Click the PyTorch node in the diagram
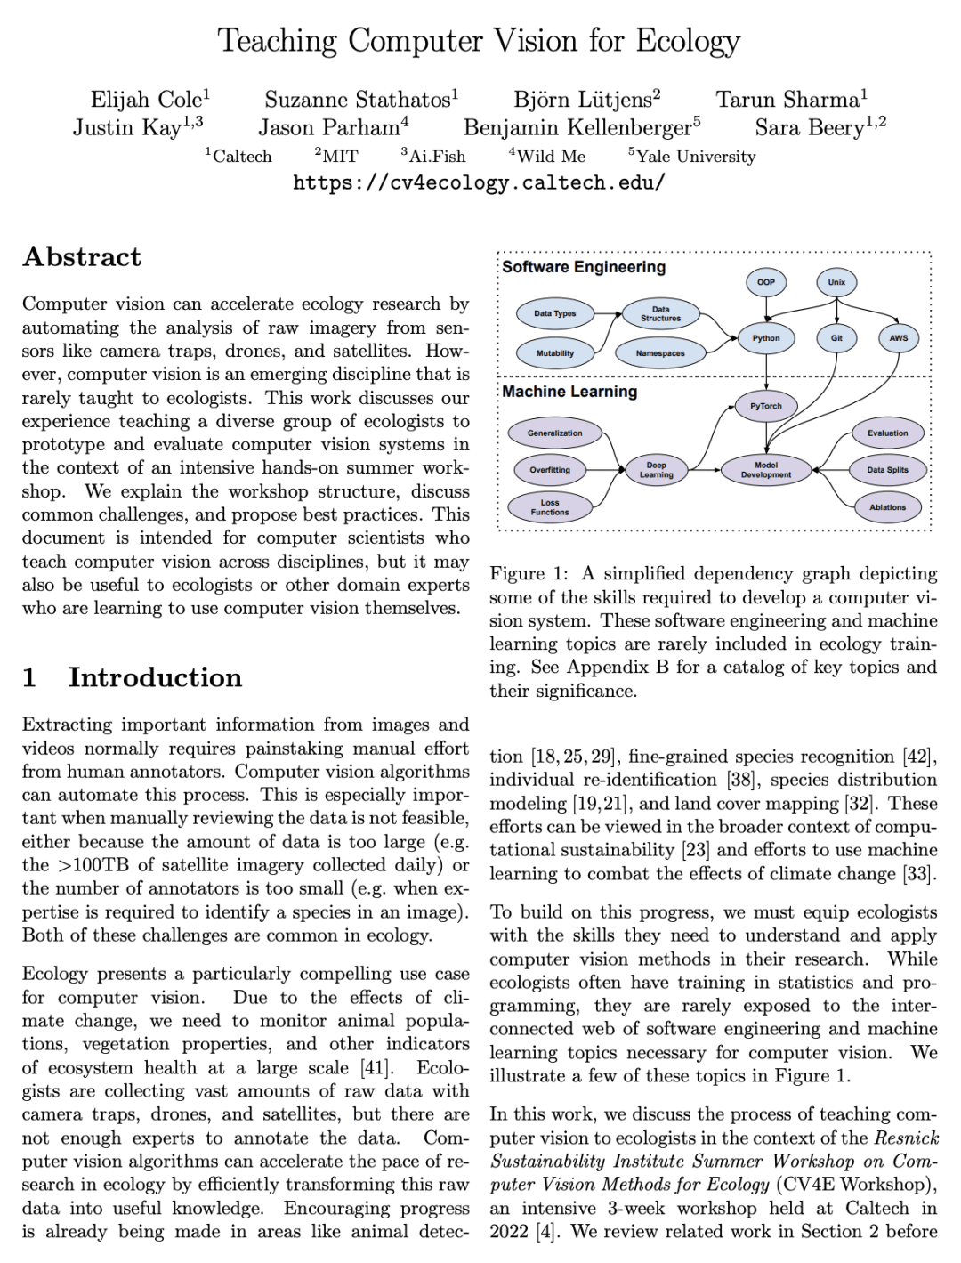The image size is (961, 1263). (765, 406)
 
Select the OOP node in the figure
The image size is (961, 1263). (765, 282)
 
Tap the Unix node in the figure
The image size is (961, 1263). (836, 282)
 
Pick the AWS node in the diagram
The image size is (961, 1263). (899, 338)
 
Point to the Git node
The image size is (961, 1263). (836, 338)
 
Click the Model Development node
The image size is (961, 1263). (765, 470)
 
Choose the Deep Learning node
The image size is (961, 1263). (656, 470)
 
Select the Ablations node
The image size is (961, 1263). (887, 507)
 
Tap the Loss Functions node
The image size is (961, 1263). (550, 507)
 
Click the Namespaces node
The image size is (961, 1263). (660, 353)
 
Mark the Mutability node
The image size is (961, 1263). (554, 353)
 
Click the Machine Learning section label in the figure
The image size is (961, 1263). (569, 392)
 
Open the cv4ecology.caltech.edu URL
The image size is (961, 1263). (479, 183)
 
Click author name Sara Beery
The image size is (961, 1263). (809, 128)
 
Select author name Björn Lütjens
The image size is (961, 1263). (582, 100)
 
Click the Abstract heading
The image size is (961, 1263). (82, 257)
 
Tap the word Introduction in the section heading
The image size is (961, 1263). (155, 677)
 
